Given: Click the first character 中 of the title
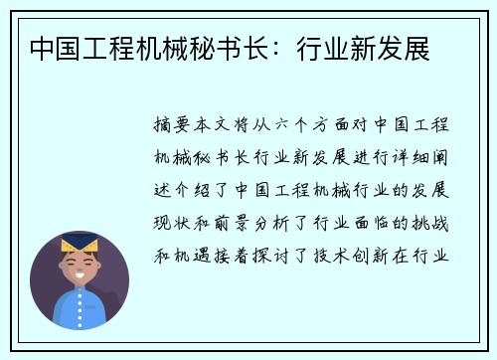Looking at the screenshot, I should coord(43,48).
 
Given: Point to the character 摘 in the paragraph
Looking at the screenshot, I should coord(165,127).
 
